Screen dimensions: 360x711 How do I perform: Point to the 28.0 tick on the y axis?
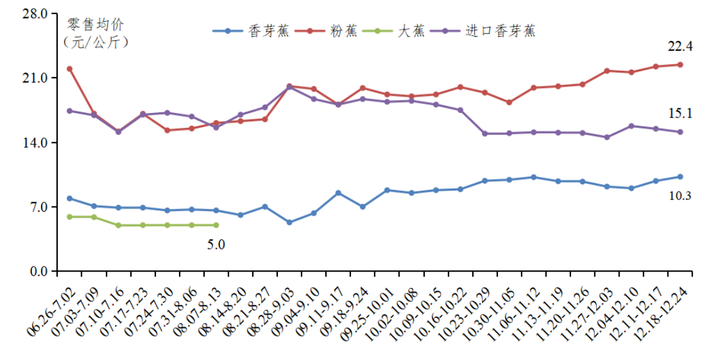36,13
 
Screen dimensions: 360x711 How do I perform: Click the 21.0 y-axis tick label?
36,78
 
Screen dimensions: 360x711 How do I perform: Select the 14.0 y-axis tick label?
36,142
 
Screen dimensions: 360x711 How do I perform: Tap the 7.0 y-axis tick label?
39,207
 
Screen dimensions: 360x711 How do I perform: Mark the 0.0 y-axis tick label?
39,271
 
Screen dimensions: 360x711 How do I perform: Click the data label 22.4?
680,46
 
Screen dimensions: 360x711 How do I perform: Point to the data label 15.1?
680,114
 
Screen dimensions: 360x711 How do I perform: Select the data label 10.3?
680,196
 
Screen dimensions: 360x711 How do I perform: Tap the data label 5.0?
216,244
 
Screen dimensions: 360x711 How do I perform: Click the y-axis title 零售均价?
96,25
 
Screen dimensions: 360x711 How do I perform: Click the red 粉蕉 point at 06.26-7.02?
69,69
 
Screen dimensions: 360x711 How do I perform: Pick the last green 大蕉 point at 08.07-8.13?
216,225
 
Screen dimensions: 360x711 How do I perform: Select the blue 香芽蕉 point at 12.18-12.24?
680,177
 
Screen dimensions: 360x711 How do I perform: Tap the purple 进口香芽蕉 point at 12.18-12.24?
680,132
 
